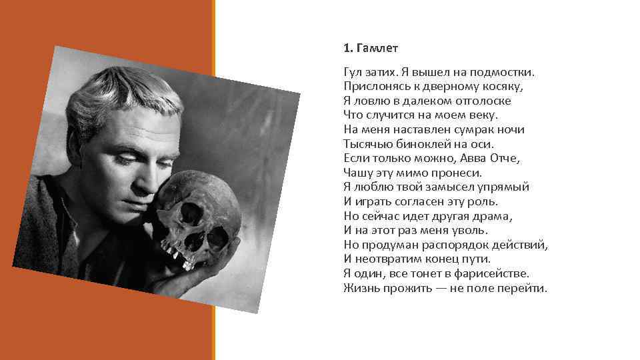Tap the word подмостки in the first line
coord(504,71)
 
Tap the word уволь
coord(470,231)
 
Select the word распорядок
coord(463,245)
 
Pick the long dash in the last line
coord(437,289)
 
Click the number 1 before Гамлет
coord(346,49)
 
